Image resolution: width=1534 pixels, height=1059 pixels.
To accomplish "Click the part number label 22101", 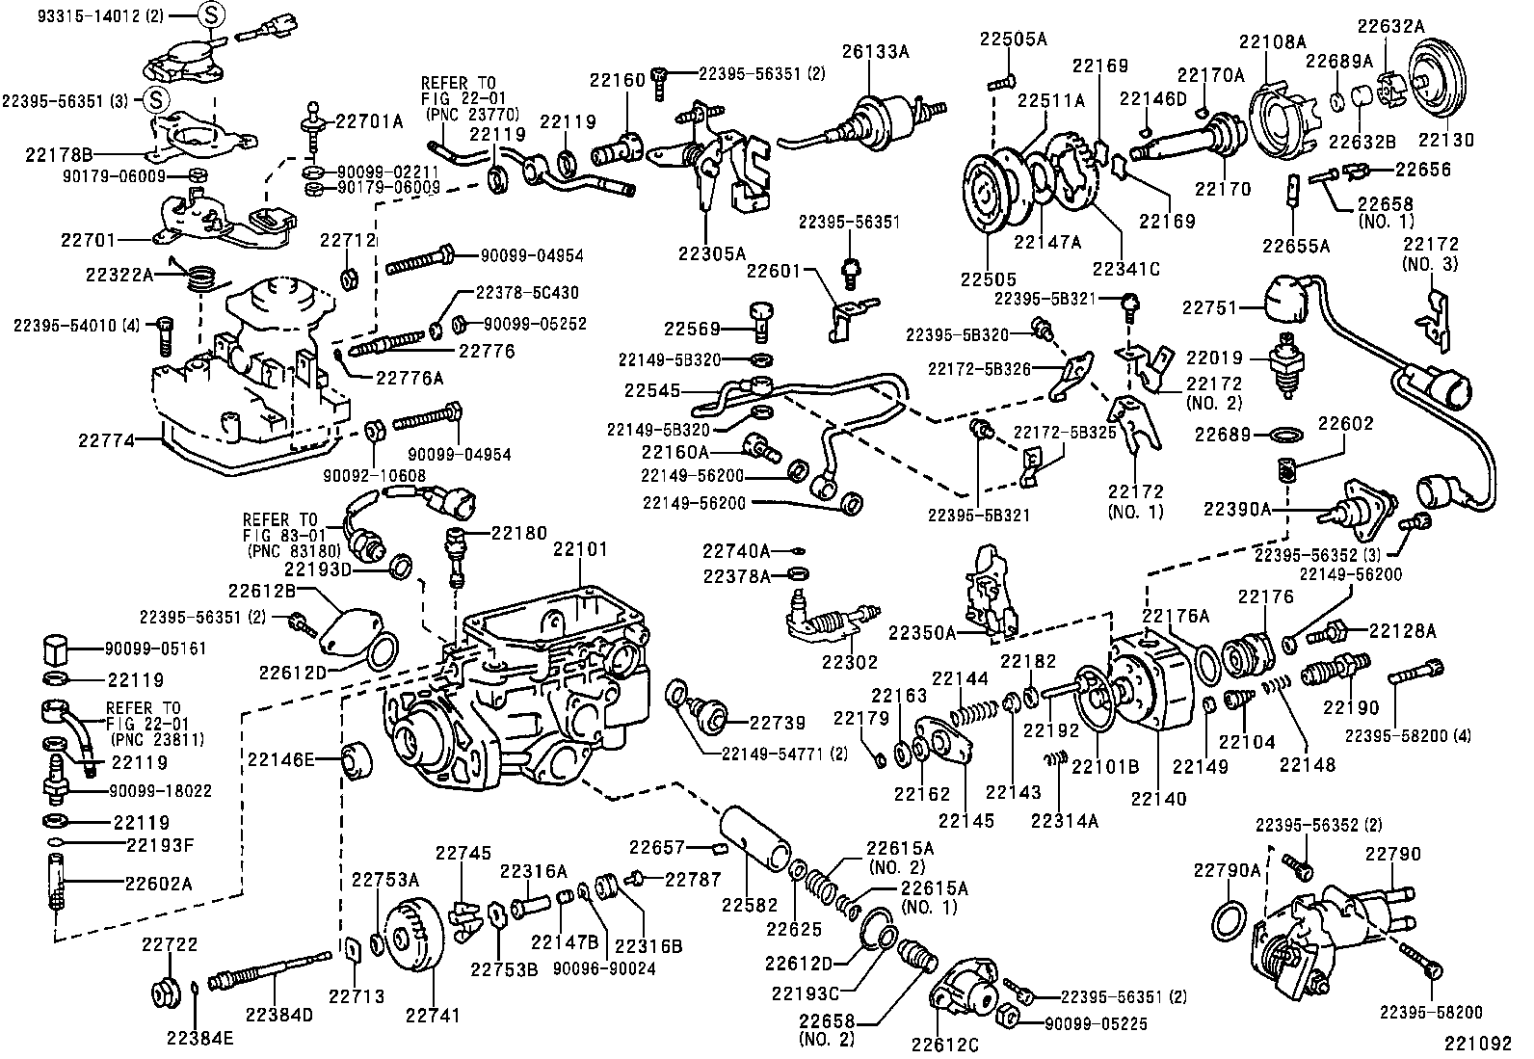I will pos(580,549).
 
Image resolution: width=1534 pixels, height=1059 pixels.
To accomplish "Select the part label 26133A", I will pos(876,50).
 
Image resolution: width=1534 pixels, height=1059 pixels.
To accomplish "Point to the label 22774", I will pos(107,440).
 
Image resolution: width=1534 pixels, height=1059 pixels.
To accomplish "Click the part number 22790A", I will pos(1227,870).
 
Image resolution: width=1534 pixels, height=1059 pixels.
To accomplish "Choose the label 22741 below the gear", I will pos(432,1015).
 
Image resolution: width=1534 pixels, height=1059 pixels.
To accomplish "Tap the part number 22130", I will pos(1445,140).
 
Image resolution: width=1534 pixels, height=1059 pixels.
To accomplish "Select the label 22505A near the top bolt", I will pos(1013,40).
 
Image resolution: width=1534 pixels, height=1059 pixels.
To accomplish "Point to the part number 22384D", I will pos(278,1015).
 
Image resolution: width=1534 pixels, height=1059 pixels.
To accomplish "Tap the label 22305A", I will pos(711,253).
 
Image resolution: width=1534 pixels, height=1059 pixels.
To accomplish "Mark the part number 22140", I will pos(1158,798).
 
